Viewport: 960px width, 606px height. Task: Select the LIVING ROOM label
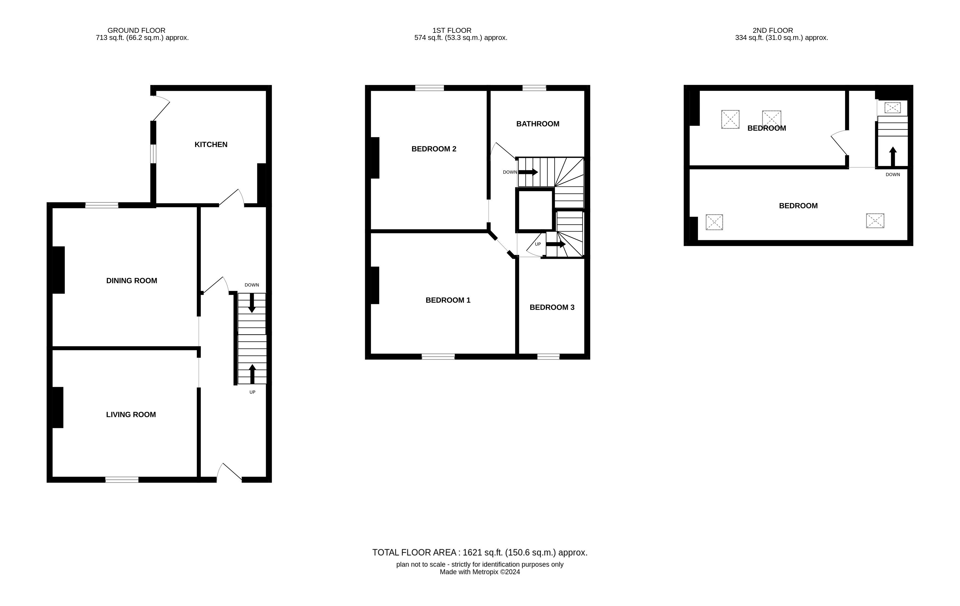coord(131,415)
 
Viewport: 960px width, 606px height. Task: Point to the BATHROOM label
coord(537,124)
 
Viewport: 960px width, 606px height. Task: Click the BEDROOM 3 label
coord(552,308)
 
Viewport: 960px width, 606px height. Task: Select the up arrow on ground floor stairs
coord(252,374)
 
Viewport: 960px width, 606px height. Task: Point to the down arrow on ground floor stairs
coord(252,303)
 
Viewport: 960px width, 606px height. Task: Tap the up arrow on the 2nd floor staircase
coord(893,156)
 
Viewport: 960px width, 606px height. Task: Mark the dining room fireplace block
coord(58,270)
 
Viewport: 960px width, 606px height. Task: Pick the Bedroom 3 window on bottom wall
coord(548,356)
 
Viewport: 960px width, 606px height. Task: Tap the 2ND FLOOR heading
coord(772,30)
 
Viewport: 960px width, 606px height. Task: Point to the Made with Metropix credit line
coord(480,572)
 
